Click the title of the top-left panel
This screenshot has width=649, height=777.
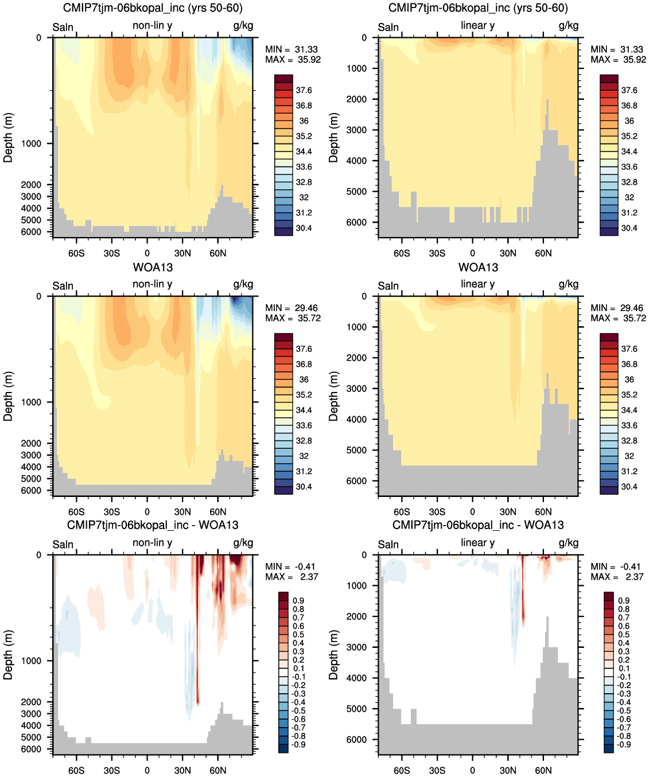coord(153,8)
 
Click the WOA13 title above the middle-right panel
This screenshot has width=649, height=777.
coord(478,267)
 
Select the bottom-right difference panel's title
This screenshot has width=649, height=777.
coord(478,525)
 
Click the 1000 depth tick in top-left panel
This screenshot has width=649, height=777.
coord(31,143)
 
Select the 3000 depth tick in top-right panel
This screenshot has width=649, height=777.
coord(356,130)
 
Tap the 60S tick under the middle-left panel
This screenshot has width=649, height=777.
coord(76,512)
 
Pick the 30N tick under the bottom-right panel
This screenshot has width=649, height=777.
coord(508,770)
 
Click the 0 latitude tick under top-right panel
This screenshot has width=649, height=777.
coord(472,253)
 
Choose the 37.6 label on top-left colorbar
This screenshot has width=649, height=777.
coord(304,90)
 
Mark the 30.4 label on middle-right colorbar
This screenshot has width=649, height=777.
coord(629,487)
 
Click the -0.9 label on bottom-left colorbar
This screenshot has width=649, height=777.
coord(298,744)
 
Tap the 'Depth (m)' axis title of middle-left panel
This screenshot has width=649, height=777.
coord(8,396)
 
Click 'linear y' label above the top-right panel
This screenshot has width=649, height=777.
coord(477,25)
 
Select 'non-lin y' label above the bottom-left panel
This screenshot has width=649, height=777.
coord(152,542)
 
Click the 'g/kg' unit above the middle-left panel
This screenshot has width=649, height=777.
coord(243,284)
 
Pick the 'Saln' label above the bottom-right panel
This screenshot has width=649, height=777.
coord(388,545)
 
